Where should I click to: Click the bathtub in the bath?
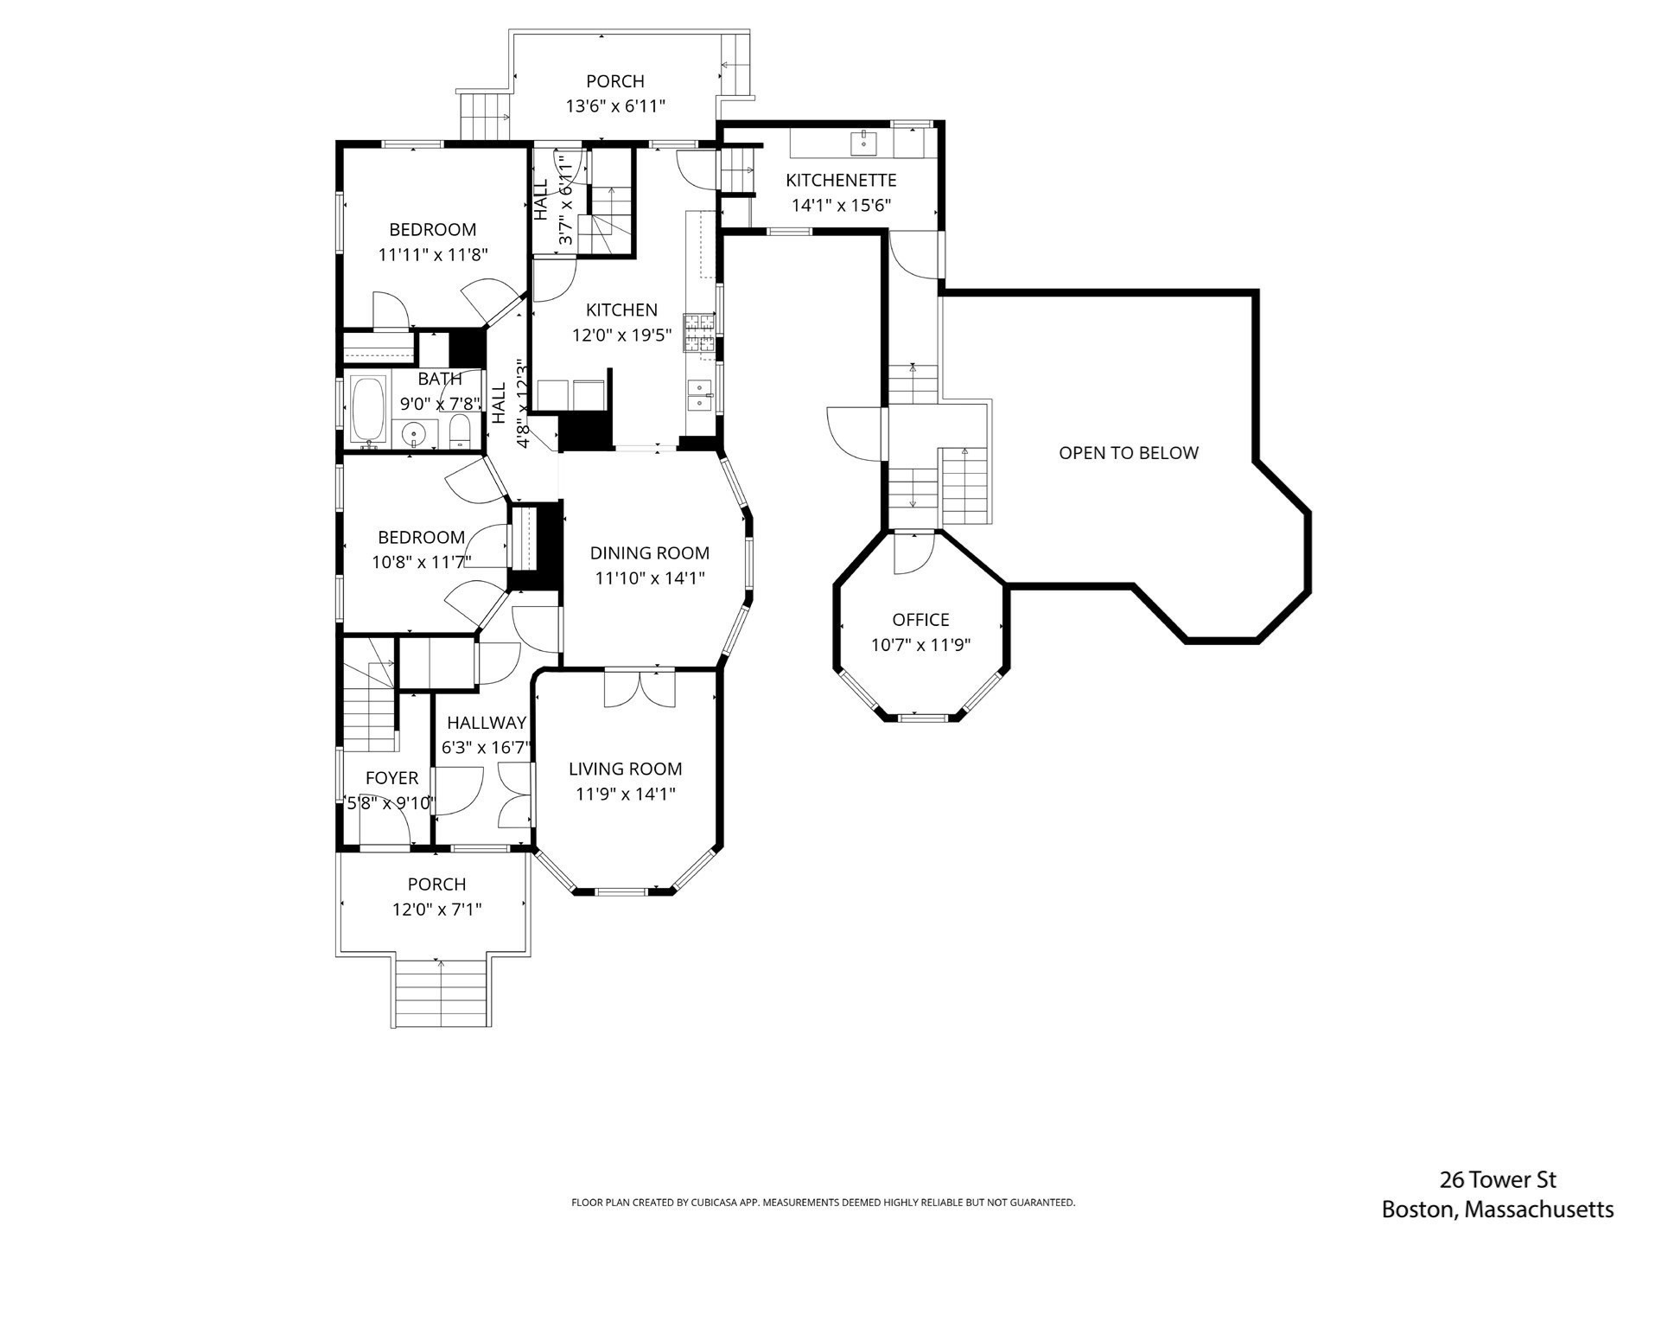click(x=370, y=411)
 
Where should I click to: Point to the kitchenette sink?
click(x=863, y=142)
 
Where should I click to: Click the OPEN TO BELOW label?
click(x=1128, y=453)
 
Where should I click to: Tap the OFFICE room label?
click(x=920, y=620)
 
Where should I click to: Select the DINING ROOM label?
click(x=649, y=553)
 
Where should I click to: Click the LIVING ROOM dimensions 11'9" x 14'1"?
click(x=625, y=794)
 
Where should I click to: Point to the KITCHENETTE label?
click(x=840, y=181)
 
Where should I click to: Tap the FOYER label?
click(x=391, y=778)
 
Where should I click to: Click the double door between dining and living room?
click(x=640, y=688)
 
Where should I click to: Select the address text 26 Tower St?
click(x=1497, y=1179)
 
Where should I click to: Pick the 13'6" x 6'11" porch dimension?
click(x=614, y=106)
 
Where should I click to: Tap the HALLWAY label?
click(x=486, y=723)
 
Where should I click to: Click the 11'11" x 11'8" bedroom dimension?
click(x=433, y=255)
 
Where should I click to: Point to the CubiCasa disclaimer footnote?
click(x=823, y=1203)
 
